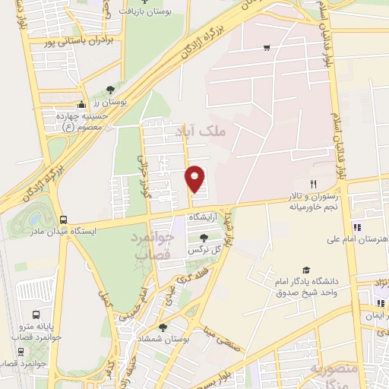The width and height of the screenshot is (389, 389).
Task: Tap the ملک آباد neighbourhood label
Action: (x=206, y=131)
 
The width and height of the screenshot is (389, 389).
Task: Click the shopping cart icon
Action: (x=266, y=48)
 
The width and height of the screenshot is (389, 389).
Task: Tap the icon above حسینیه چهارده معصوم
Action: (x=83, y=105)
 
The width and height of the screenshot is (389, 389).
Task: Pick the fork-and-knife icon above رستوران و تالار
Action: (x=312, y=185)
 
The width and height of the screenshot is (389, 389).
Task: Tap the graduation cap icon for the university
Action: (x=305, y=270)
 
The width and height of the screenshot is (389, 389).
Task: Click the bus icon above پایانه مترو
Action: (x=36, y=315)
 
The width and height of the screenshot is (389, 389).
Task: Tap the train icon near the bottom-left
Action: (x=21, y=353)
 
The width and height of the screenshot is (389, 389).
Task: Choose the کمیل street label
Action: (x=106, y=299)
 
